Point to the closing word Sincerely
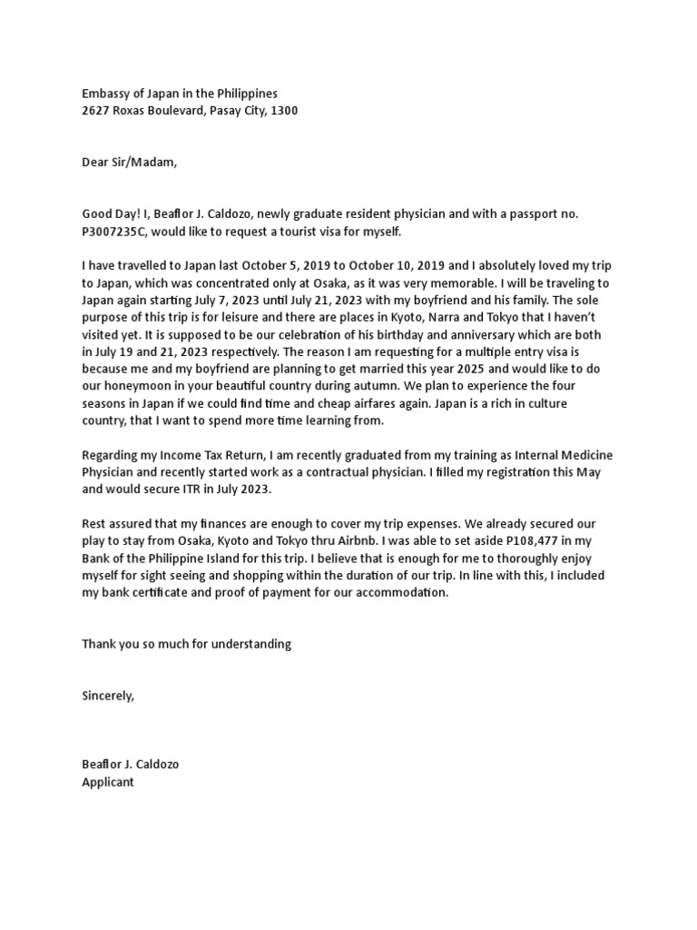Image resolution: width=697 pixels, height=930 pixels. click(x=108, y=696)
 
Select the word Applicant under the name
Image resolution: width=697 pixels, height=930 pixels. click(x=108, y=781)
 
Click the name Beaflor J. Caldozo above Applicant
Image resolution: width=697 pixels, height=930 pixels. click(x=131, y=764)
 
